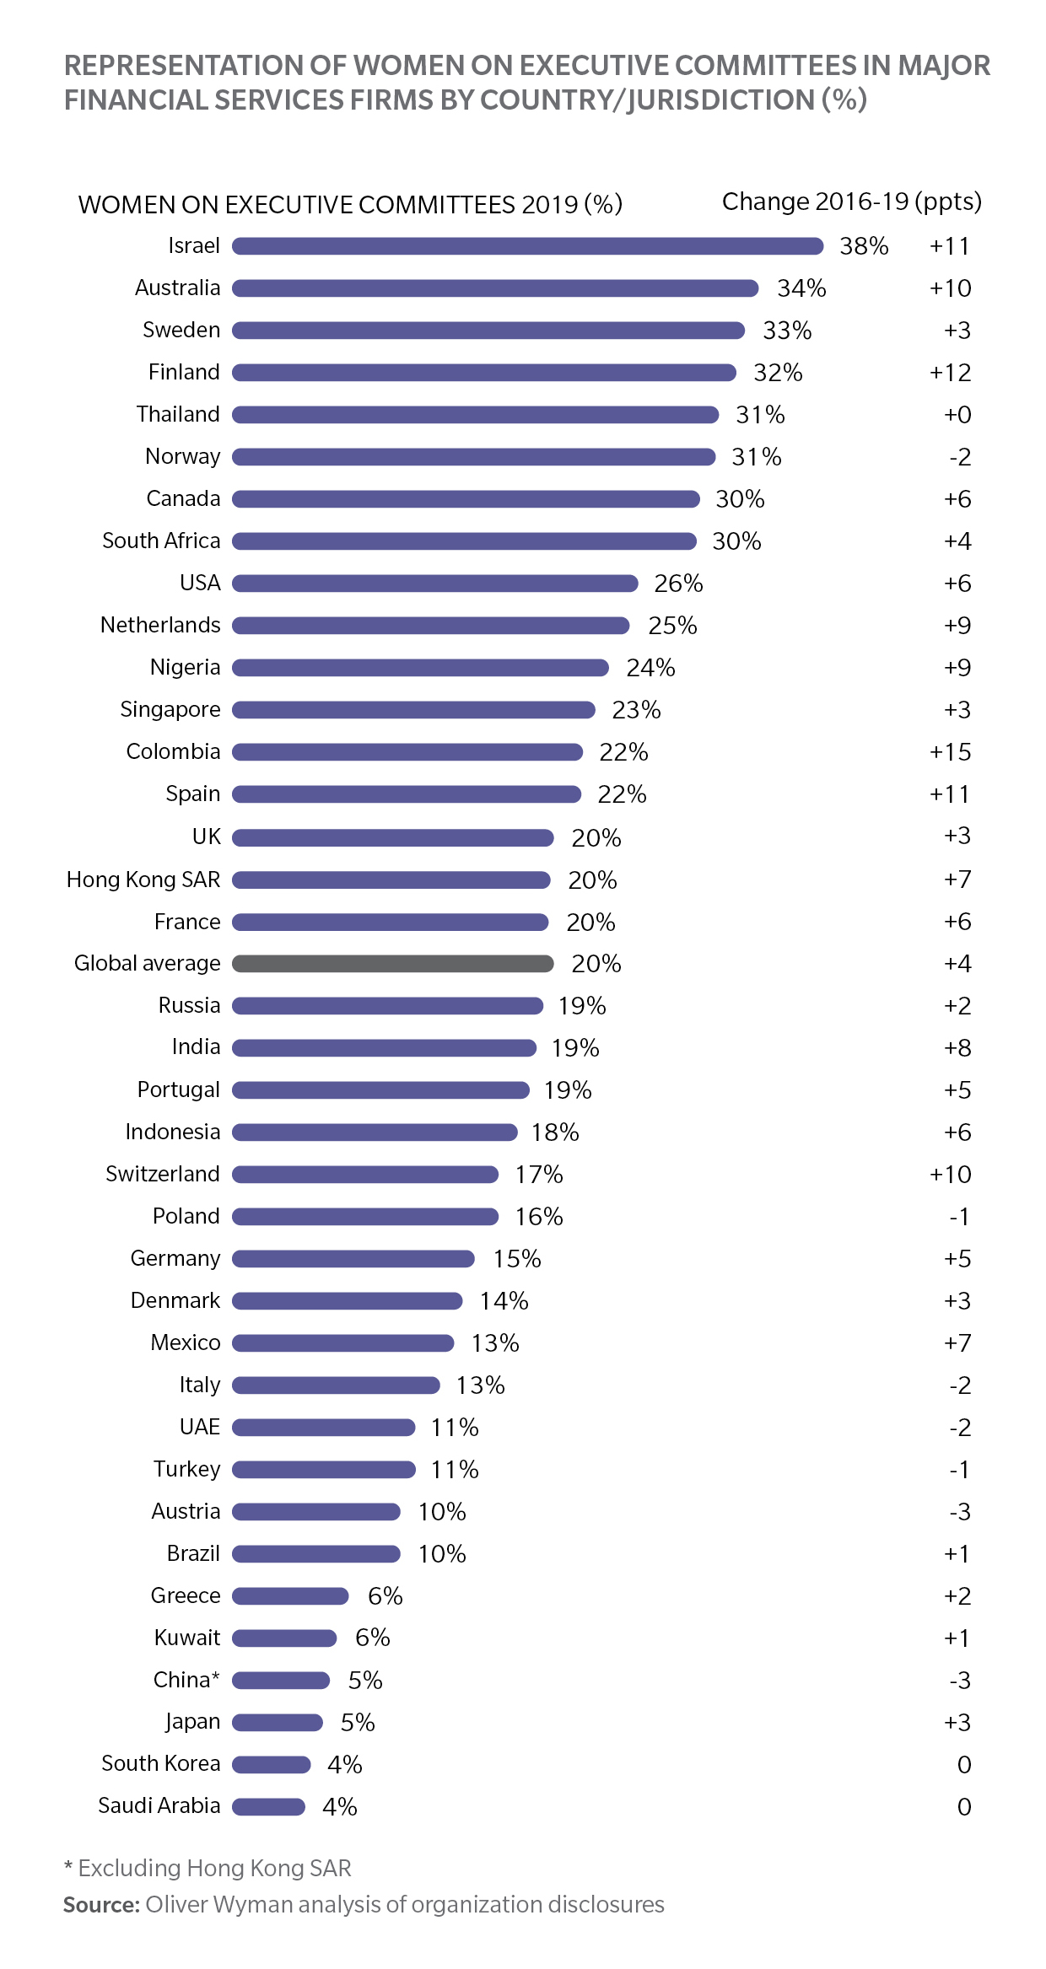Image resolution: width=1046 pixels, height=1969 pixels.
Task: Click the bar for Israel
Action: (527, 245)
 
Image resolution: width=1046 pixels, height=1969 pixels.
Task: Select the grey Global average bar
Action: (392, 963)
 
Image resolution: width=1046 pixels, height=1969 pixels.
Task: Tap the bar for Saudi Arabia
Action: (268, 1806)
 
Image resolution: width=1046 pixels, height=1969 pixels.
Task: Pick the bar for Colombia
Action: (407, 751)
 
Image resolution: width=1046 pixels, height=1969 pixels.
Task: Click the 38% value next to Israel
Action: (864, 246)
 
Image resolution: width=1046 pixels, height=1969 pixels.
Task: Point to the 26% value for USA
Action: (678, 584)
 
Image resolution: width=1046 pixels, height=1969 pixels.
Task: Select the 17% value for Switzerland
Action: (539, 1174)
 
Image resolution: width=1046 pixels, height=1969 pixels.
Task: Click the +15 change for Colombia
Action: (950, 751)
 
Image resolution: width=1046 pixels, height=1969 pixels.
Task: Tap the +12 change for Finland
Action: (950, 373)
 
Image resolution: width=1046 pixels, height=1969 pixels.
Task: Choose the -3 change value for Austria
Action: (960, 1511)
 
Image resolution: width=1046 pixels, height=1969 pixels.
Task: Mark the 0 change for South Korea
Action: (964, 1764)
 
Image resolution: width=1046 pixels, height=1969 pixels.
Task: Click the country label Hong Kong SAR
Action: (143, 880)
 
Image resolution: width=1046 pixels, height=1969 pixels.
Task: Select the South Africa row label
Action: (161, 541)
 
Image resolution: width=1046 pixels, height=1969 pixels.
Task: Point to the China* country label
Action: (186, 1680)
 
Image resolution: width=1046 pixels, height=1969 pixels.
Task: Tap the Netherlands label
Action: (160, 625)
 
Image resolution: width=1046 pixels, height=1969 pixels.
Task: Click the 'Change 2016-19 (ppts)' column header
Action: (852, 202)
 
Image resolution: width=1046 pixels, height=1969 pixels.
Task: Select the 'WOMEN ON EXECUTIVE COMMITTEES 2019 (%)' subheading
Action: (350, 204)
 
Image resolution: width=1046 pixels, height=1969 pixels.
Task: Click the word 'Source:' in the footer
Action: (101, 1905)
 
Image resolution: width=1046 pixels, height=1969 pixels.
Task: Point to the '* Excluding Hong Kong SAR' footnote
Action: (208, 1869)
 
